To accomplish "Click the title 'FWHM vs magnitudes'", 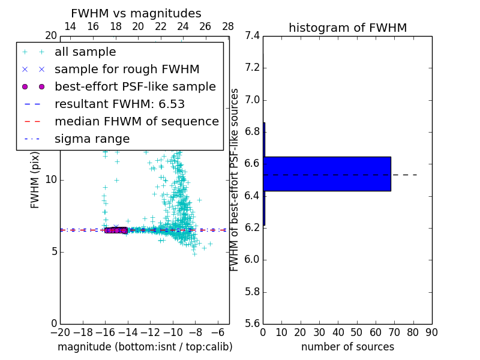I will point(136,13).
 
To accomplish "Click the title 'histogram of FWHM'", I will point(347,28).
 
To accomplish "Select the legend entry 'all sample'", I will point(85,52).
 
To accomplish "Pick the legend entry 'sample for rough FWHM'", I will point(127,69).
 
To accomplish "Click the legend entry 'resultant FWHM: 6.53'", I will point(119,104).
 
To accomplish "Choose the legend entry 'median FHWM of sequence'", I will point(136,121).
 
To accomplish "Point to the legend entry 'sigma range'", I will point(92,139).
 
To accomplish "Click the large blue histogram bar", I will point(328,174).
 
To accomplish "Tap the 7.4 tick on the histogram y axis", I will point(251,36).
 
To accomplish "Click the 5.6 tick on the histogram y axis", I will point(251,324).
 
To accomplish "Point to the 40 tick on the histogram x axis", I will point(338,332).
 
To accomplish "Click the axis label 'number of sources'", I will point(347,347).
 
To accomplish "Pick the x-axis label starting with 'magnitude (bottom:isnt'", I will point(145,347).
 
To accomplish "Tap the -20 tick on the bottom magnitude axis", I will point(60,332).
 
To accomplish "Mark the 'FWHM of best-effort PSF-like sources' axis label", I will point(235,179).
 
